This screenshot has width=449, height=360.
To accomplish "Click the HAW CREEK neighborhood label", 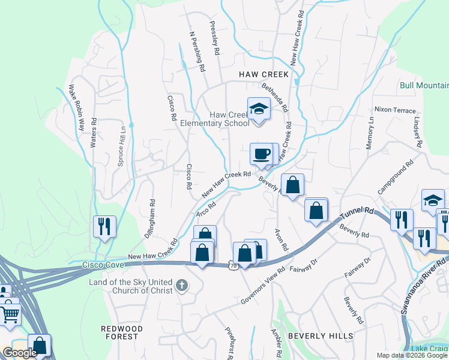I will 264,74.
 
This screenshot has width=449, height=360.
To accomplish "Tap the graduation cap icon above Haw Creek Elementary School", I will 259,109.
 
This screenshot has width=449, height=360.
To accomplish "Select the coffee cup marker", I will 261,154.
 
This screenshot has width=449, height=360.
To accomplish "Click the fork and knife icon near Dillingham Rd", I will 104,226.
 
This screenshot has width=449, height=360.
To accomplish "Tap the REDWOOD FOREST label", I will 122,332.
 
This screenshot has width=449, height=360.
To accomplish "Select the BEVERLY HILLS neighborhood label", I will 321,337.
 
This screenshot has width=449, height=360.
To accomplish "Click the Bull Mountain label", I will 424,85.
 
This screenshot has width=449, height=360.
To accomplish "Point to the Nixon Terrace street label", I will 394,110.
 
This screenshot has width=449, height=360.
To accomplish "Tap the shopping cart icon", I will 10,314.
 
